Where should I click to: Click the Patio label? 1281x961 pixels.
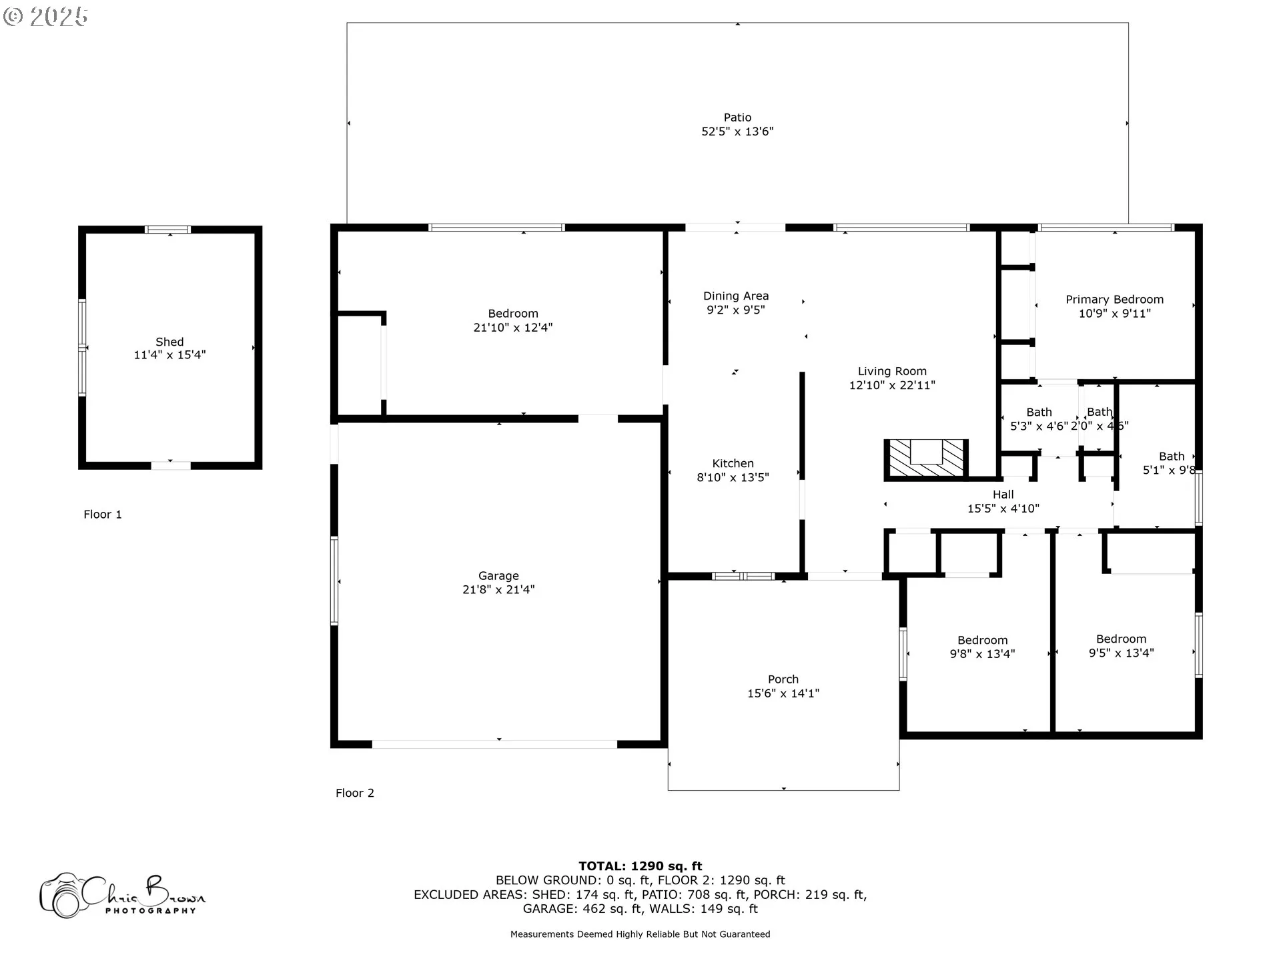pos(737,117)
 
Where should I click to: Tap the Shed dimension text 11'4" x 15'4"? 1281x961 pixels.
pos(169,355)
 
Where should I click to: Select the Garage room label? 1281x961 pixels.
pos(498,576)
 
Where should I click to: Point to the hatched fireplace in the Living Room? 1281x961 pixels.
pos(926,458)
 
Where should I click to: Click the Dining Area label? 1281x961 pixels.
pos(736,296)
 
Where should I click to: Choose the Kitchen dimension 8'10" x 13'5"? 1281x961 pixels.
pos(733,477)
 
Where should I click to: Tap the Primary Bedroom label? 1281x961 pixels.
pos(1114,300)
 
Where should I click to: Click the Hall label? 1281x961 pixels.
pos(1003,495)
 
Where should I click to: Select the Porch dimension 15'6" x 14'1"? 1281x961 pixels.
pos(783,693)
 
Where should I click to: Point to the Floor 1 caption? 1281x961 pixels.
pos(103,515)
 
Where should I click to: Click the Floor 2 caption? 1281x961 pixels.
pos(355,793)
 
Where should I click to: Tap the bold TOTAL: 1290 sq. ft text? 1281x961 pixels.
pos(640,866)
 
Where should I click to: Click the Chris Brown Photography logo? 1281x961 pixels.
pos(123,895)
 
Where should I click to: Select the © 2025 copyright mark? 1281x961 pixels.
pos(45,17)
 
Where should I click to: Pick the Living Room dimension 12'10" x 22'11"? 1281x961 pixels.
pos(892,385)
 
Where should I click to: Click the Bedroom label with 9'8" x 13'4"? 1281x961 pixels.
pos(982,641)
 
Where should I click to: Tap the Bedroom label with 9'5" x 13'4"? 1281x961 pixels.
pos(1121,639)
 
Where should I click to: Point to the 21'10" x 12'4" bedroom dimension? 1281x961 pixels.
pos(513,328)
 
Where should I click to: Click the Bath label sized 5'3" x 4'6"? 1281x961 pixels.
pos(1039,412)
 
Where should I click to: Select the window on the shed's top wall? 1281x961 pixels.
pos(168,230)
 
